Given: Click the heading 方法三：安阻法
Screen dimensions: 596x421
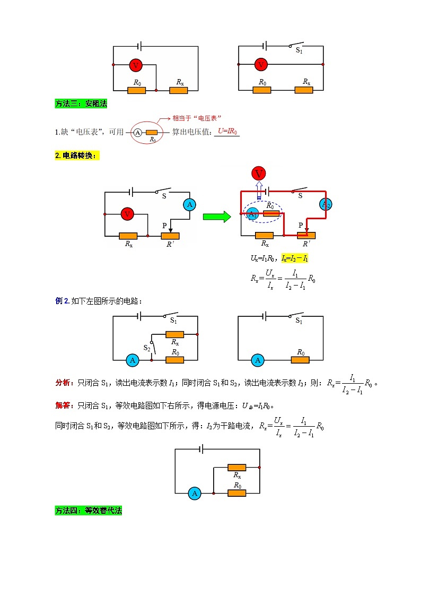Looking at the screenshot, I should (81, 104).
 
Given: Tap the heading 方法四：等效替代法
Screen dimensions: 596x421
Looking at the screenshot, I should (89, 511).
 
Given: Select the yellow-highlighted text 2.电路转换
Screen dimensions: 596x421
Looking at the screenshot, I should (77, 156).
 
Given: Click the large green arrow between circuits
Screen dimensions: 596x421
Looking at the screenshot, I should (216, 217).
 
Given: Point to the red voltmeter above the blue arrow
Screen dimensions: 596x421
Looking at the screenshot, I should (259, 173).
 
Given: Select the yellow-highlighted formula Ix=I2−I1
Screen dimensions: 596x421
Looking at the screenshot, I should (295, 258).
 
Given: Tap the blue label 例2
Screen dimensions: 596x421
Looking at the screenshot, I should (62, 301).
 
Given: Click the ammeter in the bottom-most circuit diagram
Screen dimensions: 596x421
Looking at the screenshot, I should (195, 494).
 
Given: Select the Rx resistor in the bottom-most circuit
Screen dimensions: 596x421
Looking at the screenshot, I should (236, 468).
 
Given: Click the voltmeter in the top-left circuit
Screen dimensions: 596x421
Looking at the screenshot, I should (136, 65).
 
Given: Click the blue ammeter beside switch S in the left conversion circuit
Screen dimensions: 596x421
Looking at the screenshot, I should (189, 205).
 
